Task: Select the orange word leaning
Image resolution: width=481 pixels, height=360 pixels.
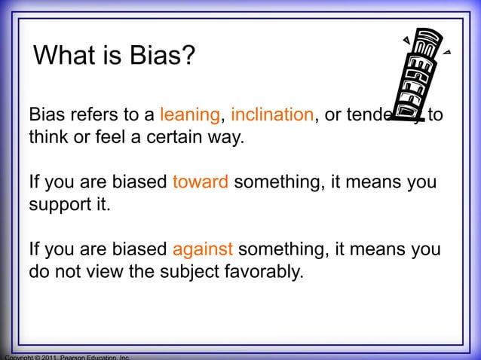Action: pos(190,116)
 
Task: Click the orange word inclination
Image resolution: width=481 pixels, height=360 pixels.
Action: pos(272,116)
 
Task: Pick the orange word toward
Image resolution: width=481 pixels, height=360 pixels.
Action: pos(201,183)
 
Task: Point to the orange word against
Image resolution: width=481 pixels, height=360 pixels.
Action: pos(203,249)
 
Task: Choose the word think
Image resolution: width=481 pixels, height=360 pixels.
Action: pos(47,139)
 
